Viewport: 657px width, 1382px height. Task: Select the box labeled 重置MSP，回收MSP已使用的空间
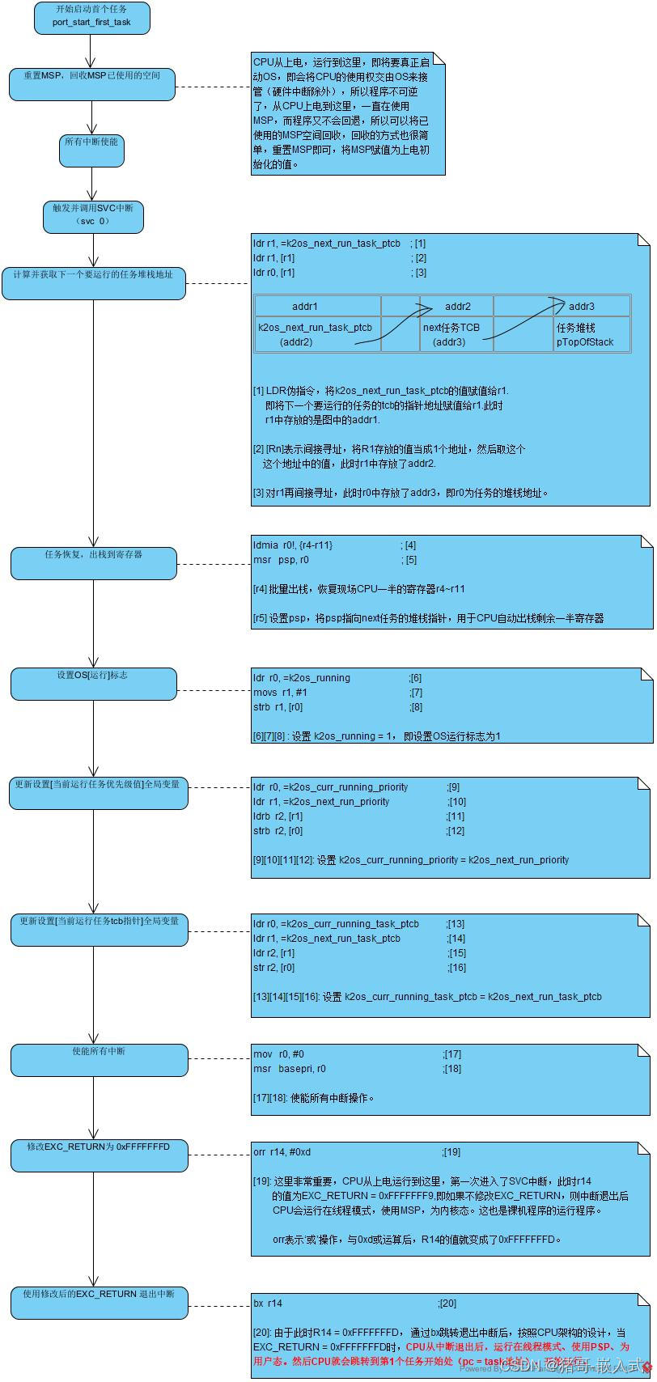tap(91, 84)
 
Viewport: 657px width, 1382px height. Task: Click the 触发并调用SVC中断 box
tap(92, 214)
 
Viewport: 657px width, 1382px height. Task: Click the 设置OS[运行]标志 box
tap(93, 684)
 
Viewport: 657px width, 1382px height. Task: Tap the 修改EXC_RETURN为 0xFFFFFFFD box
tap(99, 1155)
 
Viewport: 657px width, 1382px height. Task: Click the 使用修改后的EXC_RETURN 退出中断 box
tap(99, 1303)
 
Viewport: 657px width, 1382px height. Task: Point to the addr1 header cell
tap(305, 307)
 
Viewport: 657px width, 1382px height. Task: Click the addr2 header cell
tap(458, 307)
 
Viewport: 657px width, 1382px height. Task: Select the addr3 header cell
tap(581, 307)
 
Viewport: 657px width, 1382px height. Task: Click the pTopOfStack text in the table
tap(584, 342)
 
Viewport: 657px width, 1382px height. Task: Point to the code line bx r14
tap(268, 1304)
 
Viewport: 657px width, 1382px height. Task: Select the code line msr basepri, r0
tap(289, 1069)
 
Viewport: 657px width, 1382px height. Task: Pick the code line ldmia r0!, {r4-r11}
tap(292, 545)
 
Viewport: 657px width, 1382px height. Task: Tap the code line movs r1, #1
tap(280, 693)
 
